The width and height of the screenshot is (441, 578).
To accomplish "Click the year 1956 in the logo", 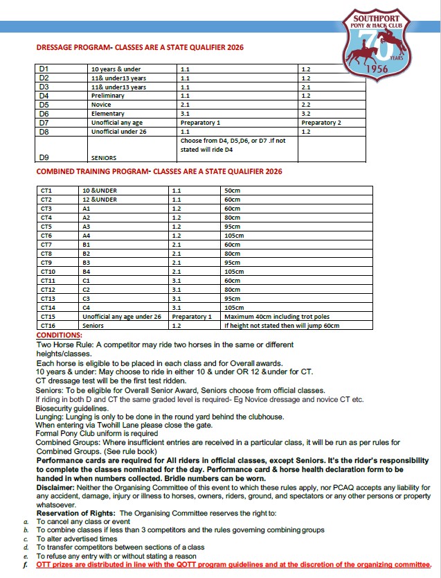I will pos(376,70).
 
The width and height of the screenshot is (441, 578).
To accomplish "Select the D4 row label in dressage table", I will pos(44,96).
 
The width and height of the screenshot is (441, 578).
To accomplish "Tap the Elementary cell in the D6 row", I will pos(108,114).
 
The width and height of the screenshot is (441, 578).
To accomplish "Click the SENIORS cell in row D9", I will pos(104,158).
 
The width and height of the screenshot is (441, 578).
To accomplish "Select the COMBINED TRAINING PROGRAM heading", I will pos(159,170).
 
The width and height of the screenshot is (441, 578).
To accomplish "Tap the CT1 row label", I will pos(47,190).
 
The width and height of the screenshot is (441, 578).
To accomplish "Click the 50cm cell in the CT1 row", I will pos(232,190).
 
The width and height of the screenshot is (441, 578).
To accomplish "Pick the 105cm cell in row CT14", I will pos(234,307).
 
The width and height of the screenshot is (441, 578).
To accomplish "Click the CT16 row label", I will pos(48,325).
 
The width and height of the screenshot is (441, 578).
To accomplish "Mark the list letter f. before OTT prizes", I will pos(26,565).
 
